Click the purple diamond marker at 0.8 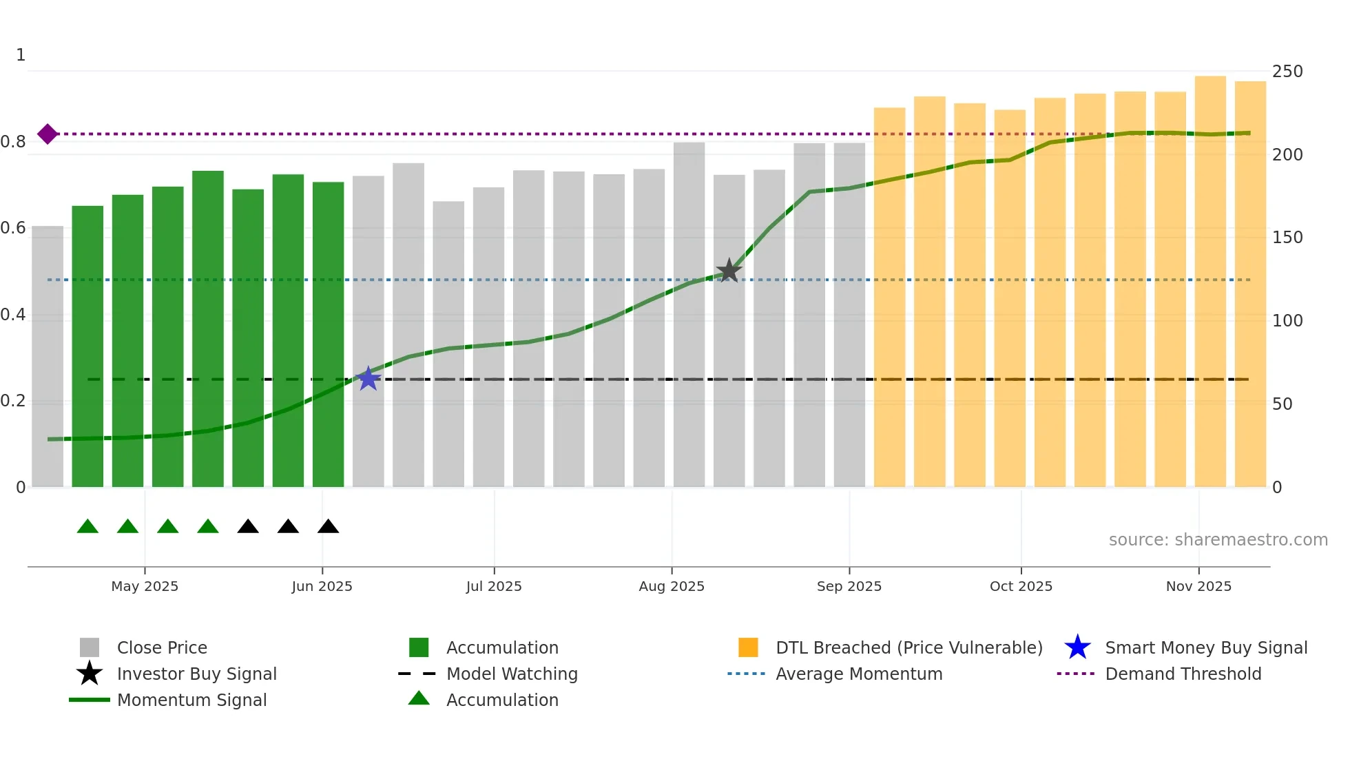48,134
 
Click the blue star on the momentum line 368,378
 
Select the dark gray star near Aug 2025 729,271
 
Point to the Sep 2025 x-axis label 849,586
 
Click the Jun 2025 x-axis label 322,586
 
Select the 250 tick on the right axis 1287,72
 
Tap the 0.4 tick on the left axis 13,315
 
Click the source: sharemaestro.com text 1218,539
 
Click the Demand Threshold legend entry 1183,674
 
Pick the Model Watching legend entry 511,674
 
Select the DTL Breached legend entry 908,647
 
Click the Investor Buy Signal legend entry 196,674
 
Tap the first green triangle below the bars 87,527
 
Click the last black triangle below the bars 328,527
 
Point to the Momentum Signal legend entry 191,700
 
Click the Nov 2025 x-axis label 1198,586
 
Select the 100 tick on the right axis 1287,321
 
